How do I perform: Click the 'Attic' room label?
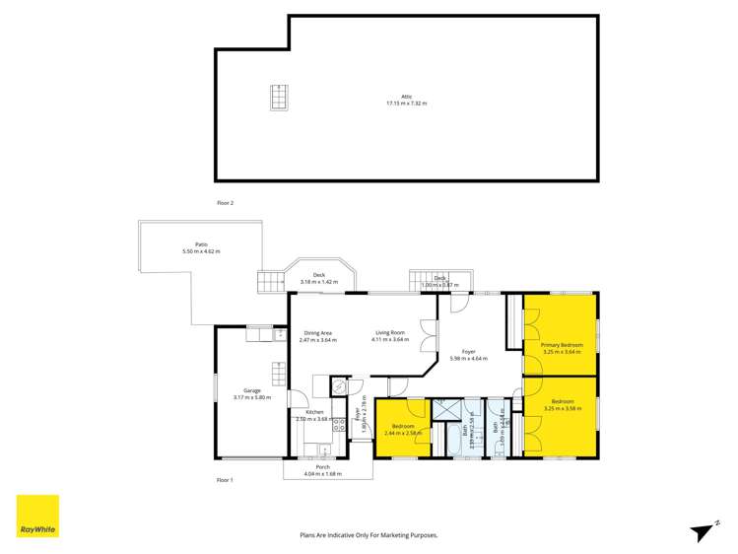click(406, 97)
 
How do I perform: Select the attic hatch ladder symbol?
click(279, 99)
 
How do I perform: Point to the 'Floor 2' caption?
click(225, 202)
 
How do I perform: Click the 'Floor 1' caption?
click(225, 479)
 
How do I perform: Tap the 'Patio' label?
click(201, 245)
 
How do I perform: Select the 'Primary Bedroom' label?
click(562, 344)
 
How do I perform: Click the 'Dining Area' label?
click(317, 333)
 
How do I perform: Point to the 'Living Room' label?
click(388, 333)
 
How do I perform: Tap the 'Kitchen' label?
click(314, 412)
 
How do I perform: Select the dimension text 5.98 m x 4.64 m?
click(468, 358)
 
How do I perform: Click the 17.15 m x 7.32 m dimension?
click(406, 104)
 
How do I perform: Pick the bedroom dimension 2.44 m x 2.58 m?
click(402, 433)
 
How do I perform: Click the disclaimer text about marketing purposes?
click(369, 535)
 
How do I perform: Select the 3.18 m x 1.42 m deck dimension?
click(319, 282)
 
